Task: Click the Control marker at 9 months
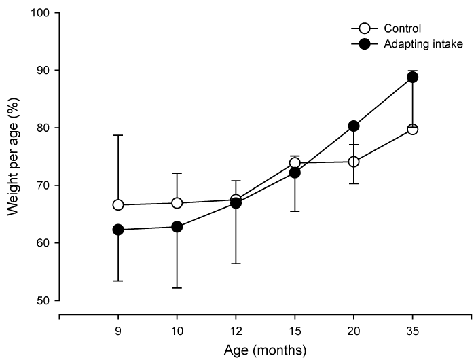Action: [x=118, y=204]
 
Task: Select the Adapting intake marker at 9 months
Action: [x=118, y=230]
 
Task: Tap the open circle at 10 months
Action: [x=177, y=203]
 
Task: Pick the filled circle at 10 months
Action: [x=177, y=227]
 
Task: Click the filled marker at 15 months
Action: [x=295, y=173]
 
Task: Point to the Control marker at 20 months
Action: [x=354, y=162]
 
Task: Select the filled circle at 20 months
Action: [x=354, y=126]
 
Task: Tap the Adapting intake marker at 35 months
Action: [x=412, y=77]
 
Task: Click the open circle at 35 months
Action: [x=412, y=129]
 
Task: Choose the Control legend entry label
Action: [x=402, y=29]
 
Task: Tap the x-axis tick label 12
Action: [x=236, y=331]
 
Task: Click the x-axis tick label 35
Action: [x=412, y=331]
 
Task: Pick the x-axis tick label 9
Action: [x=118, y=331]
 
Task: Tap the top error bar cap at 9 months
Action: [x=118, y=135]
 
